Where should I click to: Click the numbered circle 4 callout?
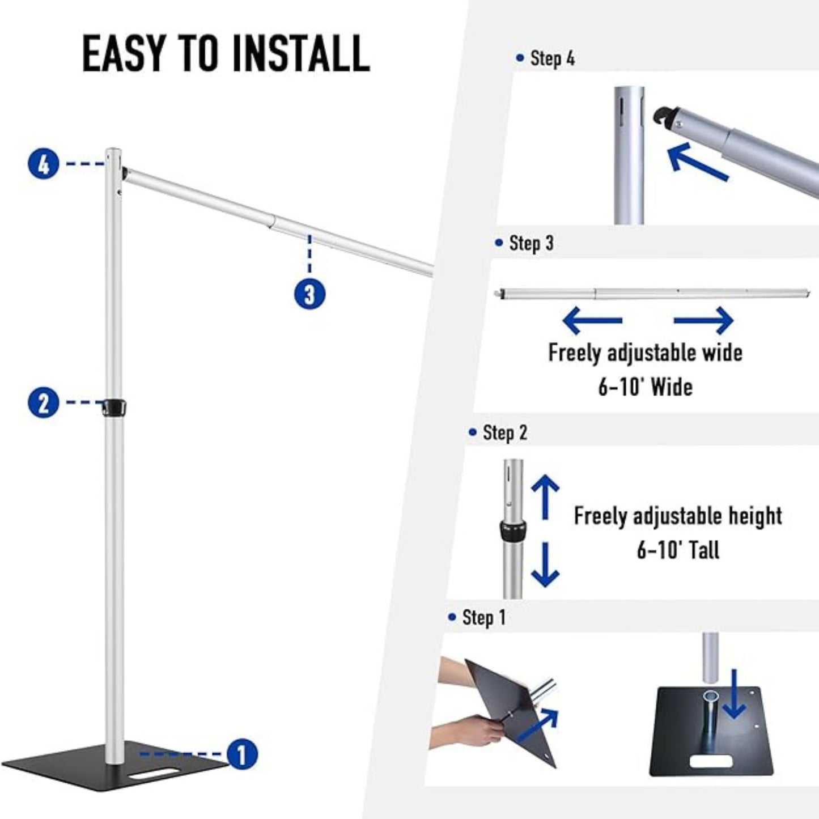(x=43, y=163)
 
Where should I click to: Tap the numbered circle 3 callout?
(x=310, y=294)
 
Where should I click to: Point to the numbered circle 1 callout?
(x=242, y=754)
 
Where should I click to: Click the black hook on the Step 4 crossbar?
(x=664, y=117)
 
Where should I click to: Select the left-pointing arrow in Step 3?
(x=592, y=320)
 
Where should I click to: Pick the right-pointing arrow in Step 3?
(x=703, y=320)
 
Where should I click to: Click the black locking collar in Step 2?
(x=513, y=530)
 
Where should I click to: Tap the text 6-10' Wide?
(x=645, y=387)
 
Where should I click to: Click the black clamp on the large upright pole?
(x=114, y=407)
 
